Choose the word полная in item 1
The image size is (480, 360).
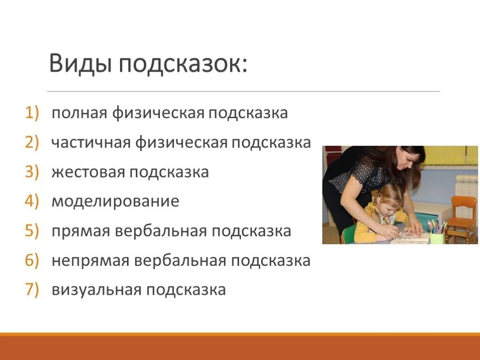(79, 113)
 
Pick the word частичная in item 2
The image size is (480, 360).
(91, 142)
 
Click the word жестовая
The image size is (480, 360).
(88, 172)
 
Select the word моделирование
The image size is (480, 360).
(115, 202)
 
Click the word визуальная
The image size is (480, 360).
(96, 290)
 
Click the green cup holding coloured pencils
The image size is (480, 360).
(437, 238)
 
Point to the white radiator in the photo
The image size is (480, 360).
(466, 192)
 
